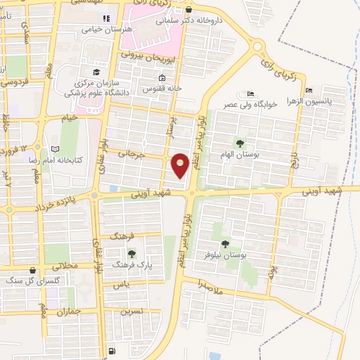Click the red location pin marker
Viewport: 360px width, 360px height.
(x=181, y=166)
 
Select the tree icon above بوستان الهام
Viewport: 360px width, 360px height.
(x=240, y=143)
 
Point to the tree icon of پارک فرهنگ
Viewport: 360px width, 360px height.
(x=131, y=254)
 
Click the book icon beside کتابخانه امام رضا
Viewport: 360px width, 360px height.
(x=56, y=149)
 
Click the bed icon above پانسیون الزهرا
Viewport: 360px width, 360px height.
(x=309, y=90)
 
